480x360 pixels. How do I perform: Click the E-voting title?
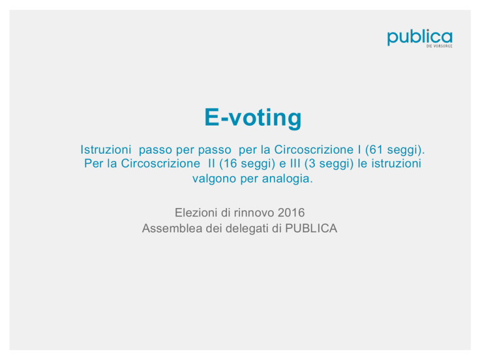pyautogui.click(x=253, y=117)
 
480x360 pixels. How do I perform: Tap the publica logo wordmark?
pyautogui.click(x=420, y=37)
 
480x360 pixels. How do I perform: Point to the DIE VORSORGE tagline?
pyautogui.click(x=439, y=46)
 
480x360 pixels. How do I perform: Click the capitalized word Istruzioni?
pyautogui.click(x=106, y=149)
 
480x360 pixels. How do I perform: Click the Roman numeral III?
pyautogui.click(x=295, y=163)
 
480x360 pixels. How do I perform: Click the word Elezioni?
pyautogui.click(x=196, y=212)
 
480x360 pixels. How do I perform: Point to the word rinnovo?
pyautogui.click(x=254, y=212)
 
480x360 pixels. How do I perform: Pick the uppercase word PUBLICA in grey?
pyautogui.click(x=311, y=228)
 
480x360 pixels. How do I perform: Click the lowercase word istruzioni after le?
pyautogui.click(x=396, y=163)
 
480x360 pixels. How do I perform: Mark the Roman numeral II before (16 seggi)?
pyautogui.click(x=211, y=163)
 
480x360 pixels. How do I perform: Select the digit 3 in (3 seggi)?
pyautogui.click(x=312, y=163)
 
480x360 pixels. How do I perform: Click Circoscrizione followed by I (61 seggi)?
pyautogui.click(x=314, y=149)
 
